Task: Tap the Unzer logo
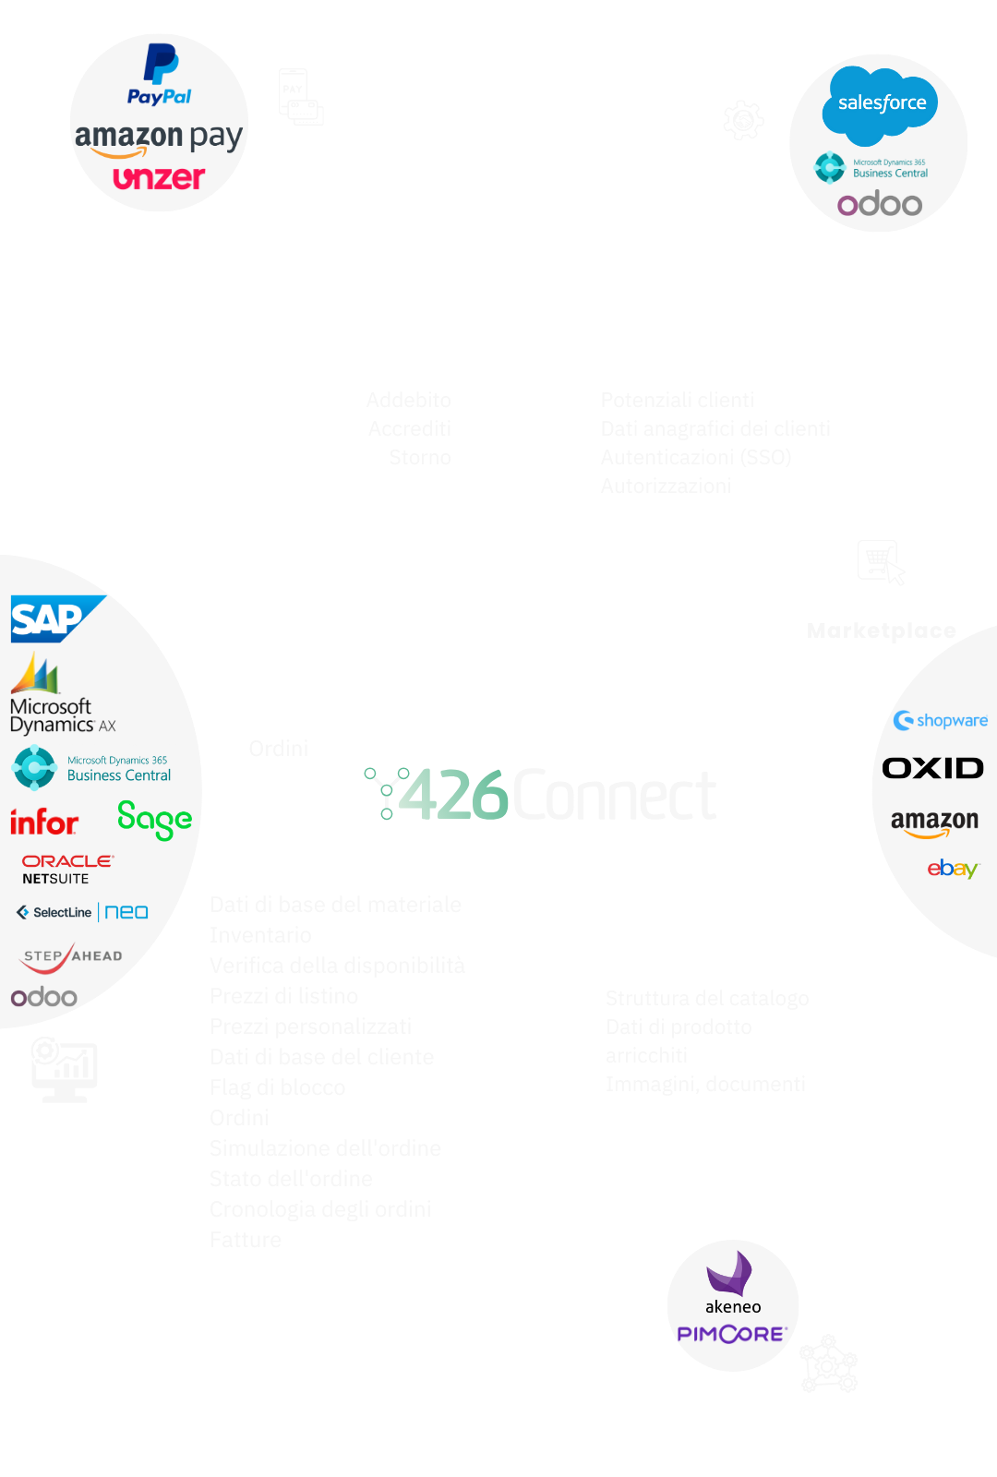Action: tap(159, 176)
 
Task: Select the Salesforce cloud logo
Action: tap(880, 104)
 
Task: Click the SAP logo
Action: tap(54, 618)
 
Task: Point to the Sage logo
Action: tap(154, 819)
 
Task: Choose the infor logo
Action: tap(43, 822)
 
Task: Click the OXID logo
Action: tap(932, 768)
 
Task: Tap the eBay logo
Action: tap(952, 869)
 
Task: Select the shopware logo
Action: tap(941, 720)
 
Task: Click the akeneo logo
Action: tap(732, 1283)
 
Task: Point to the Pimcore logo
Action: tap(732, 1334)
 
